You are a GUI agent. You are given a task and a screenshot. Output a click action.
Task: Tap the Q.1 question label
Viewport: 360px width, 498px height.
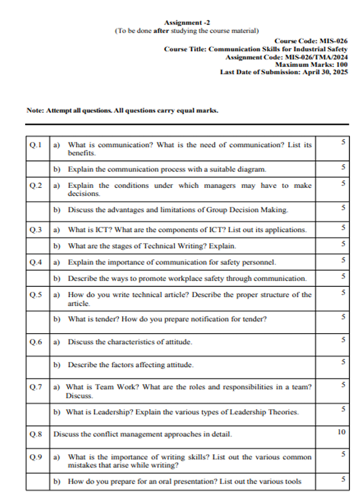[x=36, y=145]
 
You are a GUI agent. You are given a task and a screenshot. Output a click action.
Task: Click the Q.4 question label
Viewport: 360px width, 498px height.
[x=36, y=262]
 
